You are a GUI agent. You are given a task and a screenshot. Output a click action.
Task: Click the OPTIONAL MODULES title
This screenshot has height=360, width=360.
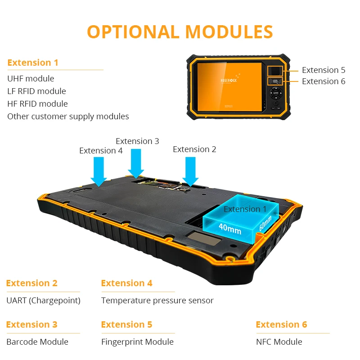(x=180, y=31)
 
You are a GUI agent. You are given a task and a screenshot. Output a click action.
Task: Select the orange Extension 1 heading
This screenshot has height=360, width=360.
(x=33, y=63)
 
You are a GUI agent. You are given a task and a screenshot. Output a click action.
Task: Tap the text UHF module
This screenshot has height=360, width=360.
(x=31, y=79)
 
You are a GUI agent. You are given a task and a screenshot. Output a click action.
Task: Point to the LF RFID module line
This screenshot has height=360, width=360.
(x=36, y=91)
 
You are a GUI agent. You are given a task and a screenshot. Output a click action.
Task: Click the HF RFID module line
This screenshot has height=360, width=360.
(x=37, y=104)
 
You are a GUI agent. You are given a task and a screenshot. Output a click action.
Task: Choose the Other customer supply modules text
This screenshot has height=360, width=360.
(x=68, y=117)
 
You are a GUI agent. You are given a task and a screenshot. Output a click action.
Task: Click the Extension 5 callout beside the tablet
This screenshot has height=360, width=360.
(x=324, y=70)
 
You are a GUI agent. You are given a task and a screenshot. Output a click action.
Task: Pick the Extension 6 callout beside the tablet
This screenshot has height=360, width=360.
(x=324, y=81)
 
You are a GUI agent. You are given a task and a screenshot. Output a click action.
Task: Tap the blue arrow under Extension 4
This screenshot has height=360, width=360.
(x=99, y=171)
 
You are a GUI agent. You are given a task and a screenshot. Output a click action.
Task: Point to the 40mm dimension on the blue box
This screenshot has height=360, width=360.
(x=229, y=229)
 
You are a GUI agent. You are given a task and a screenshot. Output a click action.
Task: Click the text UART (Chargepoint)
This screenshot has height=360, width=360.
(x=43, y=301)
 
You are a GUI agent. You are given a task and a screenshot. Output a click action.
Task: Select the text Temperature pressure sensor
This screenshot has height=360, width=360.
(x=157, y=301)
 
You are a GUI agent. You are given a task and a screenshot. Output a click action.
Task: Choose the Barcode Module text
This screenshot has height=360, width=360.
(x=37, y=342)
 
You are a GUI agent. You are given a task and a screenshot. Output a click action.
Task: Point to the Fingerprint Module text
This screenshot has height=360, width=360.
(x=137, y=342)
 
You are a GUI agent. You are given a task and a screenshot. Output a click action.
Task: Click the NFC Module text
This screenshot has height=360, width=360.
(x=279, y=342)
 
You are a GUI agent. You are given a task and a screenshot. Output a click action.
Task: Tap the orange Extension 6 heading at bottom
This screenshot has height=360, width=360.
(x=281, y=325)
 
